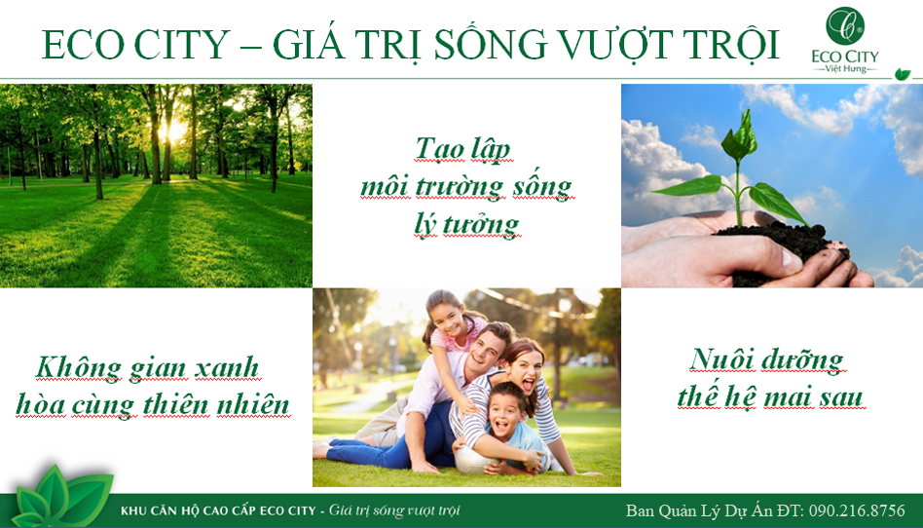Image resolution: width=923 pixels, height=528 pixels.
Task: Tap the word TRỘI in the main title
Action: tap(730, 45)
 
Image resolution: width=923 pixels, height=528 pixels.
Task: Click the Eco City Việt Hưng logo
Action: tap(845, 40)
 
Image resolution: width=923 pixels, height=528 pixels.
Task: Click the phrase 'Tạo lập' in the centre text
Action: tap(462, 148)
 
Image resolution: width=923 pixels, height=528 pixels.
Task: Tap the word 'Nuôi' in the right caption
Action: tap(721, 360)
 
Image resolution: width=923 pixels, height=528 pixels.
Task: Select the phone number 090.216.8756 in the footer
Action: tap(857, 510)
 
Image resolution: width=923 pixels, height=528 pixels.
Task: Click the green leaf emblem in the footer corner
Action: tap(61, 496)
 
